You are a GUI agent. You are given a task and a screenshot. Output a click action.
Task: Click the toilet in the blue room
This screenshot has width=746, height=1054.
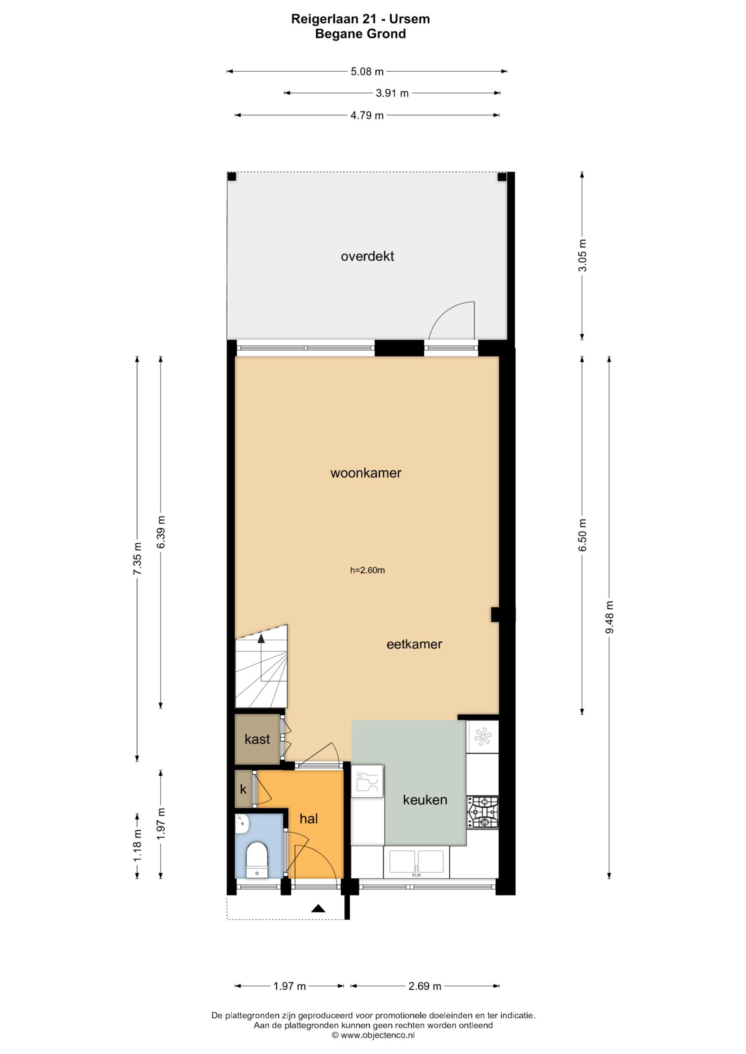click(x=257, y=859)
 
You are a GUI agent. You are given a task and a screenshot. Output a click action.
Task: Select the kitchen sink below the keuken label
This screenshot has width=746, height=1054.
click(x=416, y=862)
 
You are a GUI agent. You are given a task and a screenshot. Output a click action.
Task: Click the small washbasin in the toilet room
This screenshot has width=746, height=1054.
click(x=242, y=824)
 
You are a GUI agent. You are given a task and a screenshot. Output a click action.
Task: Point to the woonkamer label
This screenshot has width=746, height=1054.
click(x=366, y=473)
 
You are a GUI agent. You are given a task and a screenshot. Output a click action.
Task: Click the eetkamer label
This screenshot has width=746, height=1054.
click(x=414, y=644)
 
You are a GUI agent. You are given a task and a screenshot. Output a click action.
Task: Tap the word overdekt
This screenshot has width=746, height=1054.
click(x=367, y=256)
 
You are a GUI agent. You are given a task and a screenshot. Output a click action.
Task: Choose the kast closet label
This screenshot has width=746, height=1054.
click(x=257, y=739)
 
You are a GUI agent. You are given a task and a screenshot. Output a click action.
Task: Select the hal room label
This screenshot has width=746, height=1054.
click(x=309, y=818)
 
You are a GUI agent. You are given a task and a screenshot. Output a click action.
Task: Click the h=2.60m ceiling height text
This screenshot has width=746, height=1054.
click(x=367, y=570)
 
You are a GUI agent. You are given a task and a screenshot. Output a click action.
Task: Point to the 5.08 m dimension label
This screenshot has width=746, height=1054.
click(x=367, y=72)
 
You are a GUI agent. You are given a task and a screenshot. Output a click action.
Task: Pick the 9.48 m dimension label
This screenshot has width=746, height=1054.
click(x=610, y=617)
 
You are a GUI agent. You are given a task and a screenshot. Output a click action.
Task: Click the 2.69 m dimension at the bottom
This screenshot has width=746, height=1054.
click(x=425, y=986)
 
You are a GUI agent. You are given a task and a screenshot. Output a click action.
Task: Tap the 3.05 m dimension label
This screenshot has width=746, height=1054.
click(x=582, y=255)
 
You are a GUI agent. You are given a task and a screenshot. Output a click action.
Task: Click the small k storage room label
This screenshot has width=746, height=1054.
click(x=243, y=789)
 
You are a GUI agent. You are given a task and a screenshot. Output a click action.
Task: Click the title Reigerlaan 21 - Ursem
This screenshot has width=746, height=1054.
click(x=360, y=19)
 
